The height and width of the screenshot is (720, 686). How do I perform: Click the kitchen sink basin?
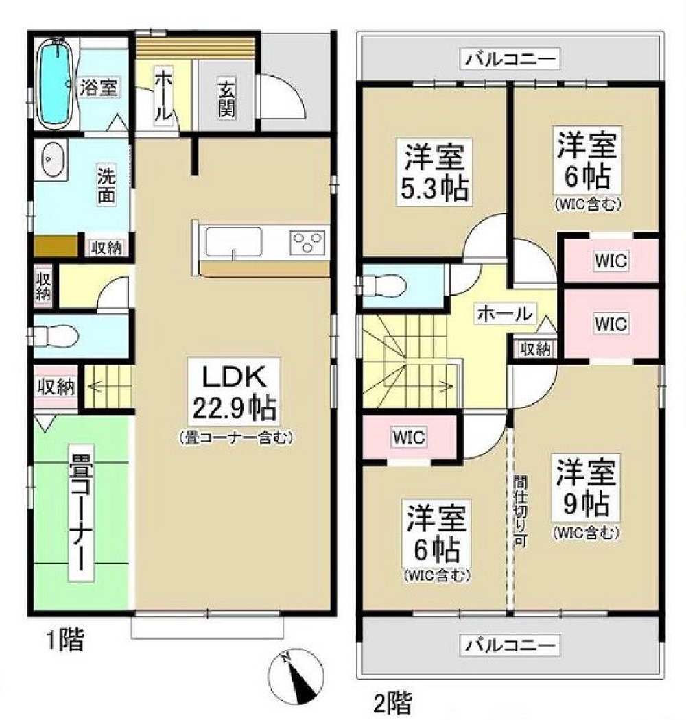(234, 242)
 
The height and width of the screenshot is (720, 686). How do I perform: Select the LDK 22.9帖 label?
(235, 392)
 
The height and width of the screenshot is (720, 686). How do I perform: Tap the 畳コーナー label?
(82, 512)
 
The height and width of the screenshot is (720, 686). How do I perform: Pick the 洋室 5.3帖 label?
(434, 171)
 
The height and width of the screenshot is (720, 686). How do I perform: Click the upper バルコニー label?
(510, 59)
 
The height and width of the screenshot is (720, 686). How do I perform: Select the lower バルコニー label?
(510, 646)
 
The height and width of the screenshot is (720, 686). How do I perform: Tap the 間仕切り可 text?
(520, 511)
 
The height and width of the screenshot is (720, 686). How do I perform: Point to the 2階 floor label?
(392, 701)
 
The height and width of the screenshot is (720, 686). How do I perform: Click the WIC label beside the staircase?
(408, 437)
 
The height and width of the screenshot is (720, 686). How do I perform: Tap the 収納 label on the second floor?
(535, 350)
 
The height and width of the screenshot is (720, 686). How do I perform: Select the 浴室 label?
(99, 87)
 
